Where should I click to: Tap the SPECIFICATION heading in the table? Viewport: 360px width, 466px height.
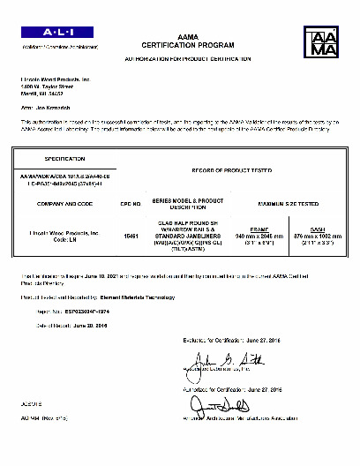[x=64, y=159]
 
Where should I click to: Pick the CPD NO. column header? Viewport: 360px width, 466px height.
[x=131, y=204]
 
